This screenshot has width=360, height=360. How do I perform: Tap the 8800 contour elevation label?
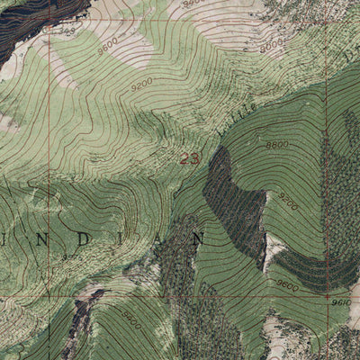tap(278, 143)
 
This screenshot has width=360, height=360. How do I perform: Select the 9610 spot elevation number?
tap(341, 303)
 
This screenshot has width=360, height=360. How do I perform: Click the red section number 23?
tap(189, 159)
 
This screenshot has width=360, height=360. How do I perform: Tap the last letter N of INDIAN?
tap(199, 238)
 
